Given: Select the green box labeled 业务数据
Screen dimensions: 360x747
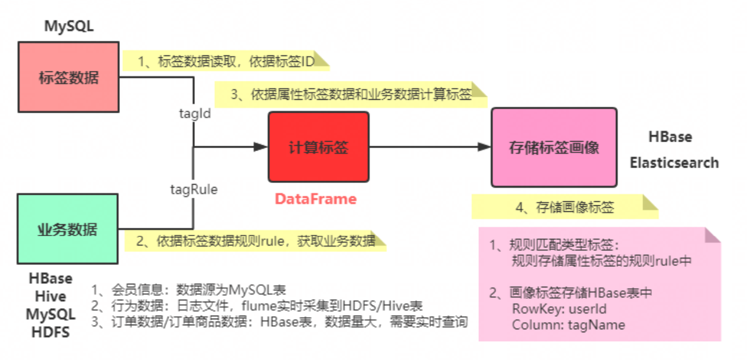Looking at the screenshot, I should click(67, 229).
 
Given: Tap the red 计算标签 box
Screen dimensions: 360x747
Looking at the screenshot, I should click(318, 147).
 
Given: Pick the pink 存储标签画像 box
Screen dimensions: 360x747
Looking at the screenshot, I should click(554, 147).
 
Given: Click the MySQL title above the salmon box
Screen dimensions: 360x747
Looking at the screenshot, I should click(69, 26).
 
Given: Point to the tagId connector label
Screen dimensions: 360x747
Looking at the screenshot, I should click(195, 113).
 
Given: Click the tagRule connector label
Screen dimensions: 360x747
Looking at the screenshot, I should click(194, 189).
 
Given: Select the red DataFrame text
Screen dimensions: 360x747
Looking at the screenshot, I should click(316, 199).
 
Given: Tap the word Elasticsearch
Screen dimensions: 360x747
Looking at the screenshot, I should click(674, 162).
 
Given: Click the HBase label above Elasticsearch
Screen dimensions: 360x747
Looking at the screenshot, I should click(670, 137).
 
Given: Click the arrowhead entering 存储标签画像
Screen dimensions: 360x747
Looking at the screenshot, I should click(484, 147).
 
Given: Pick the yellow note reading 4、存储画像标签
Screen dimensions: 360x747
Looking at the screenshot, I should click(565, 207).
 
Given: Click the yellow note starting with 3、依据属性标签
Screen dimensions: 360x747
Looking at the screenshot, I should click(351, 95).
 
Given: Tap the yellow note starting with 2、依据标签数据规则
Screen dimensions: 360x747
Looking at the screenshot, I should click(256, 241).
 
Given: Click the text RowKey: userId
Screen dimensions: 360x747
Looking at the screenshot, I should click(559, 309).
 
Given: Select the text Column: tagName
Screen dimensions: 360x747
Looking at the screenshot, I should click(568, 324).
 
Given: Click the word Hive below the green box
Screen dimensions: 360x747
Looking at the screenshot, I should click(51, 296).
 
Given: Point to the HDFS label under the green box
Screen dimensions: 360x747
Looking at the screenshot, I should click(51, 332).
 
